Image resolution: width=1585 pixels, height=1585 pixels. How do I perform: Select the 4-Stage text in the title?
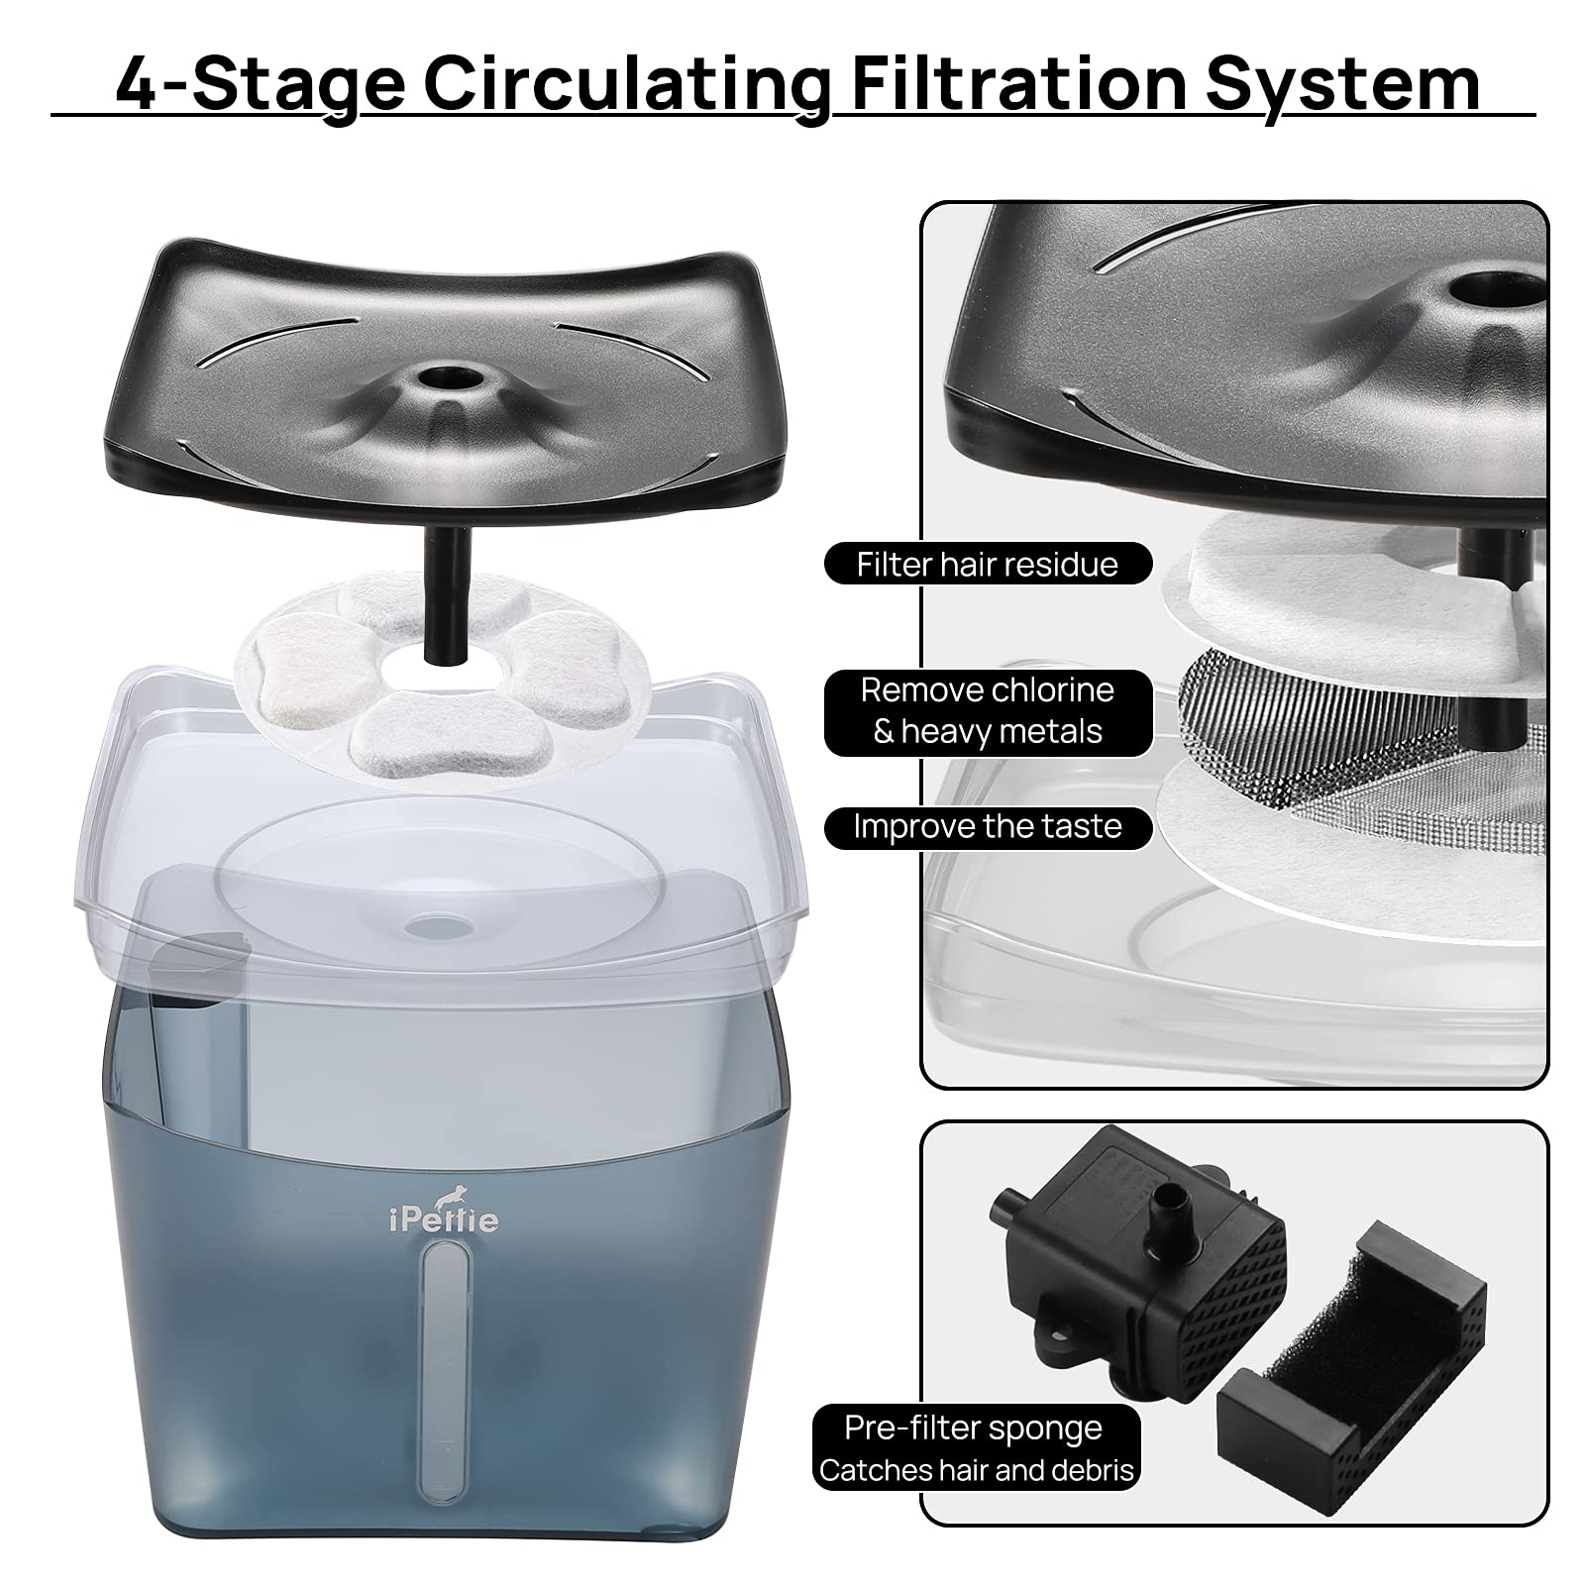click(x=260, y=83)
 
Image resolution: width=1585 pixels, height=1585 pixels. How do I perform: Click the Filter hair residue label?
click(x=988, y=564)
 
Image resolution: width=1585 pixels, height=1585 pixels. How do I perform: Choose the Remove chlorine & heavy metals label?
click(x=988, y=710)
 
